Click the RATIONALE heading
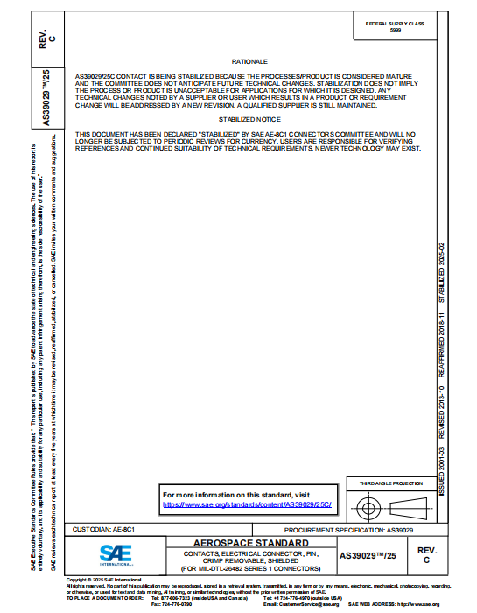point(249,62)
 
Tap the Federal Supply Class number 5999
point(396,30)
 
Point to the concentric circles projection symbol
point(369,508)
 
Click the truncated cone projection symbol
point(410,508)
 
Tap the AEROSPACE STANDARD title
point(250,544)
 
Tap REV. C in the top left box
point(46,35)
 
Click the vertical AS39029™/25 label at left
point(46,99)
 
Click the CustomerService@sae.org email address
point(312,604)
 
